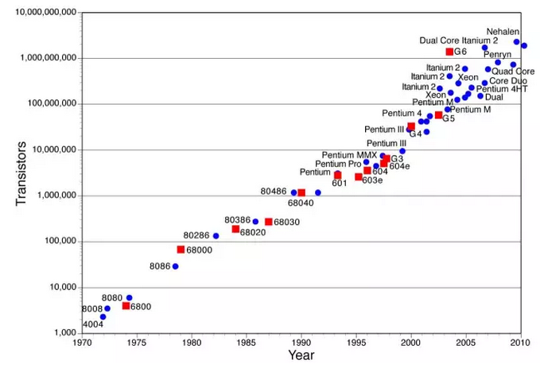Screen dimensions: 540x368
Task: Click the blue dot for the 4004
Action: (x=103, y=316)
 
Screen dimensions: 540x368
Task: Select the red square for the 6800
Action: (x=126, y=306)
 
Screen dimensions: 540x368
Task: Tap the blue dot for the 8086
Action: (x=175, y=266)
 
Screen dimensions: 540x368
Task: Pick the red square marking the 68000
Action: (x=181, y=250)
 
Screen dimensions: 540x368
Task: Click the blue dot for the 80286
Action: (x=216, y=236)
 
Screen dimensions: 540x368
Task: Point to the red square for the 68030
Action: (x=269, y=222)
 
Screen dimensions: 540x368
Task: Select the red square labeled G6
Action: (x=449, y=52)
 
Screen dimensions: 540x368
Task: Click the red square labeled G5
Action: (x=438, y=115)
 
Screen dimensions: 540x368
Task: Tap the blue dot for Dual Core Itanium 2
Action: (x=484, y=48)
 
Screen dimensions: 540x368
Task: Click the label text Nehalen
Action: (x=503, y=32)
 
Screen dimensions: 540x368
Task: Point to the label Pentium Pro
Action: (x=338, y=164)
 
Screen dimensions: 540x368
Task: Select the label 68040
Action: (x=301, y=203)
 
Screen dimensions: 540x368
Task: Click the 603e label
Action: (x=372, y=180)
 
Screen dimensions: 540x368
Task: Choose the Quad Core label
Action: (x=513, y=72)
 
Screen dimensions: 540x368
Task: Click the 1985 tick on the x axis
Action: (x=247, y=343)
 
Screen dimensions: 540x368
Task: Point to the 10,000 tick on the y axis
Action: (x=63, y=287)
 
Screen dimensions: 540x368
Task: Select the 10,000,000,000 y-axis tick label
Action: (x=46, y=13)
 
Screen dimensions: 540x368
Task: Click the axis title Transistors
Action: (x=21, y=173)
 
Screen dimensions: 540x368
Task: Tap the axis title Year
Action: (x=301, y=355)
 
